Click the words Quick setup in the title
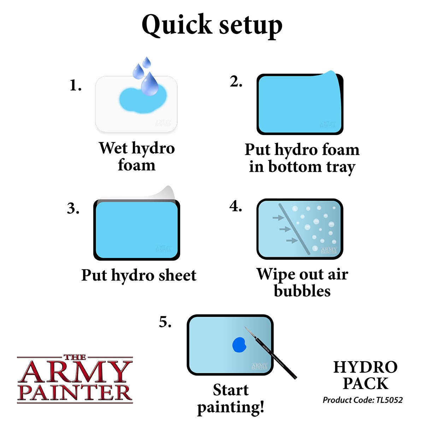(212, 25)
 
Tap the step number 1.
(76, 86)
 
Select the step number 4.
(236, 206)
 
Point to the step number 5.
(165, 322)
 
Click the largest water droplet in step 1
(149, 85)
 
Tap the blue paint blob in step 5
(239, 344)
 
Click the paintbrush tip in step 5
(246, 329)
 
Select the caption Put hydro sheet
(139, 275)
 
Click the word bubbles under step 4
(302, 291)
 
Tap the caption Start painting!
(231, 399)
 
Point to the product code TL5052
(388, 400)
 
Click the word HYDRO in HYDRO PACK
(365, 367)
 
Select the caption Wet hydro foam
(137, 156)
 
